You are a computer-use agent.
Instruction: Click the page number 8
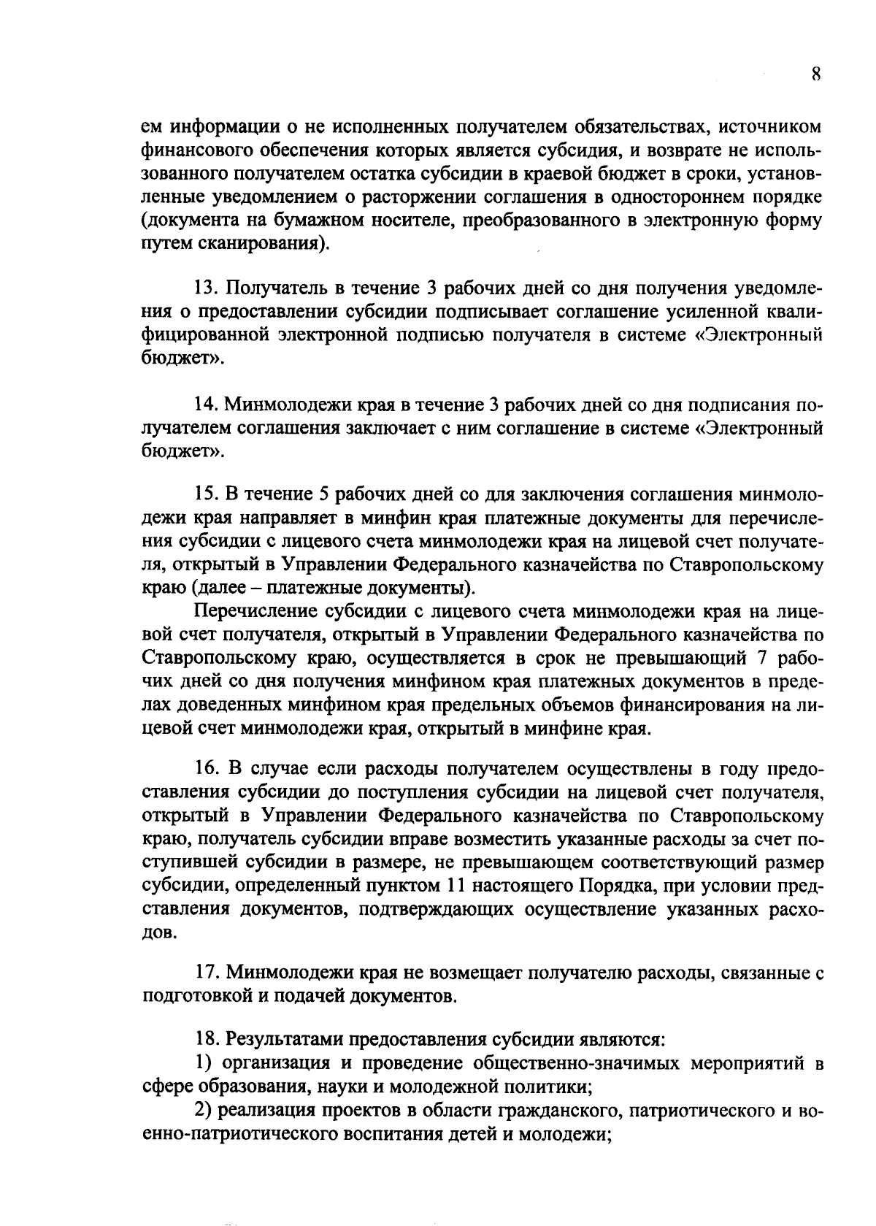click(x=817, y=75)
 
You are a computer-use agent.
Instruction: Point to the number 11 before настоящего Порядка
click(x=453, y=886)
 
